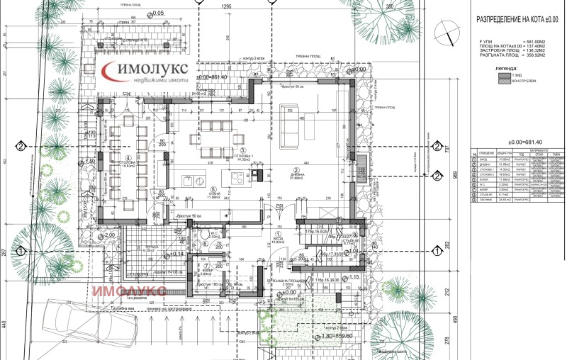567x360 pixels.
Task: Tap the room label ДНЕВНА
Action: point(295,176)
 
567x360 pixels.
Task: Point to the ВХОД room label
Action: point(278,239)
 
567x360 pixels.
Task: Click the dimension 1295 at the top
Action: point(227,6)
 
